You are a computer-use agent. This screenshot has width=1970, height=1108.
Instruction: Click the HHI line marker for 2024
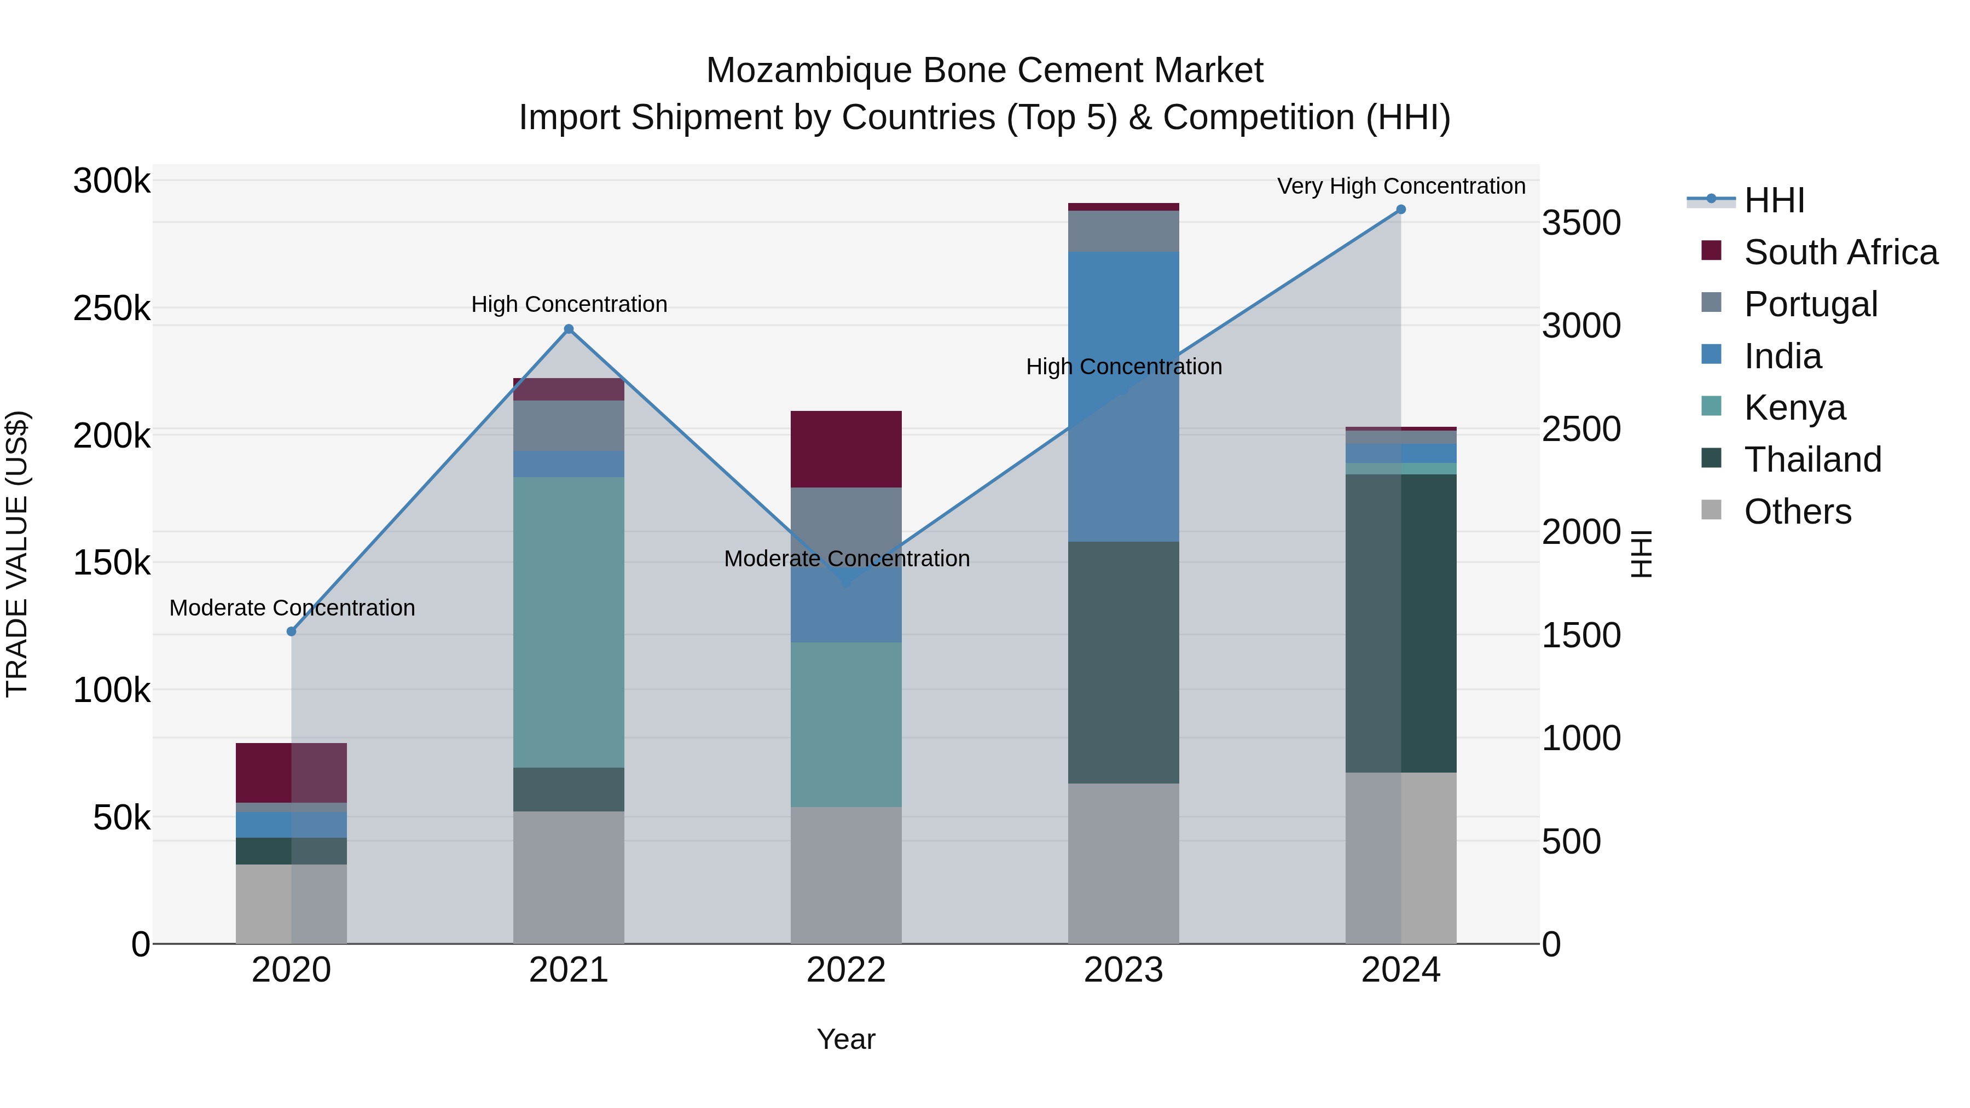point(1400,210)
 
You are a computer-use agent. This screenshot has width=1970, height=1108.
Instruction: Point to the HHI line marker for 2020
point(291,631)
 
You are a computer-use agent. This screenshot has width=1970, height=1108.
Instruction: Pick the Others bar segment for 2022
point(846,875)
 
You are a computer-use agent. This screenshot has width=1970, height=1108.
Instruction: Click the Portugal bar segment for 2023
point(1123,231)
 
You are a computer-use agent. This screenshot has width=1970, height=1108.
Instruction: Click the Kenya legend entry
point(1794,408)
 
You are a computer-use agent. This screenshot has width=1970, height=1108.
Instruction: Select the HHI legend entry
point(1774,200)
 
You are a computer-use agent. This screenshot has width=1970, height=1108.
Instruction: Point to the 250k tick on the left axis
point(112,309)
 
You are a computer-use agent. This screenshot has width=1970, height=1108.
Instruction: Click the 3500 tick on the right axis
point(1581,223)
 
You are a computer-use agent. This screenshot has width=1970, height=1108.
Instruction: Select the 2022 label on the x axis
point(846,970)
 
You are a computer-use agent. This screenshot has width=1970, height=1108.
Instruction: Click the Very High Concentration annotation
point(1401,186)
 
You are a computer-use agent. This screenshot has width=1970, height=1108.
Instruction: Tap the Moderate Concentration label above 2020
point(292,608)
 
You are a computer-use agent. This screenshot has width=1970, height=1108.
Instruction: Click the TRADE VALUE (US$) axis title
point(17,554)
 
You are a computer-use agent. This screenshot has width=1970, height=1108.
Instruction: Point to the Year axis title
point(846,1039)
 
